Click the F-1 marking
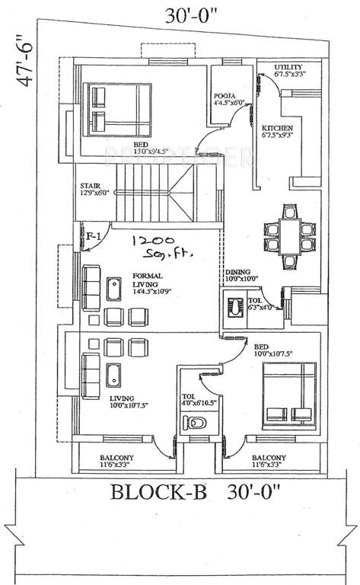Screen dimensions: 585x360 [94, 237]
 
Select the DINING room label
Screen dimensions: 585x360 [241, 275]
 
